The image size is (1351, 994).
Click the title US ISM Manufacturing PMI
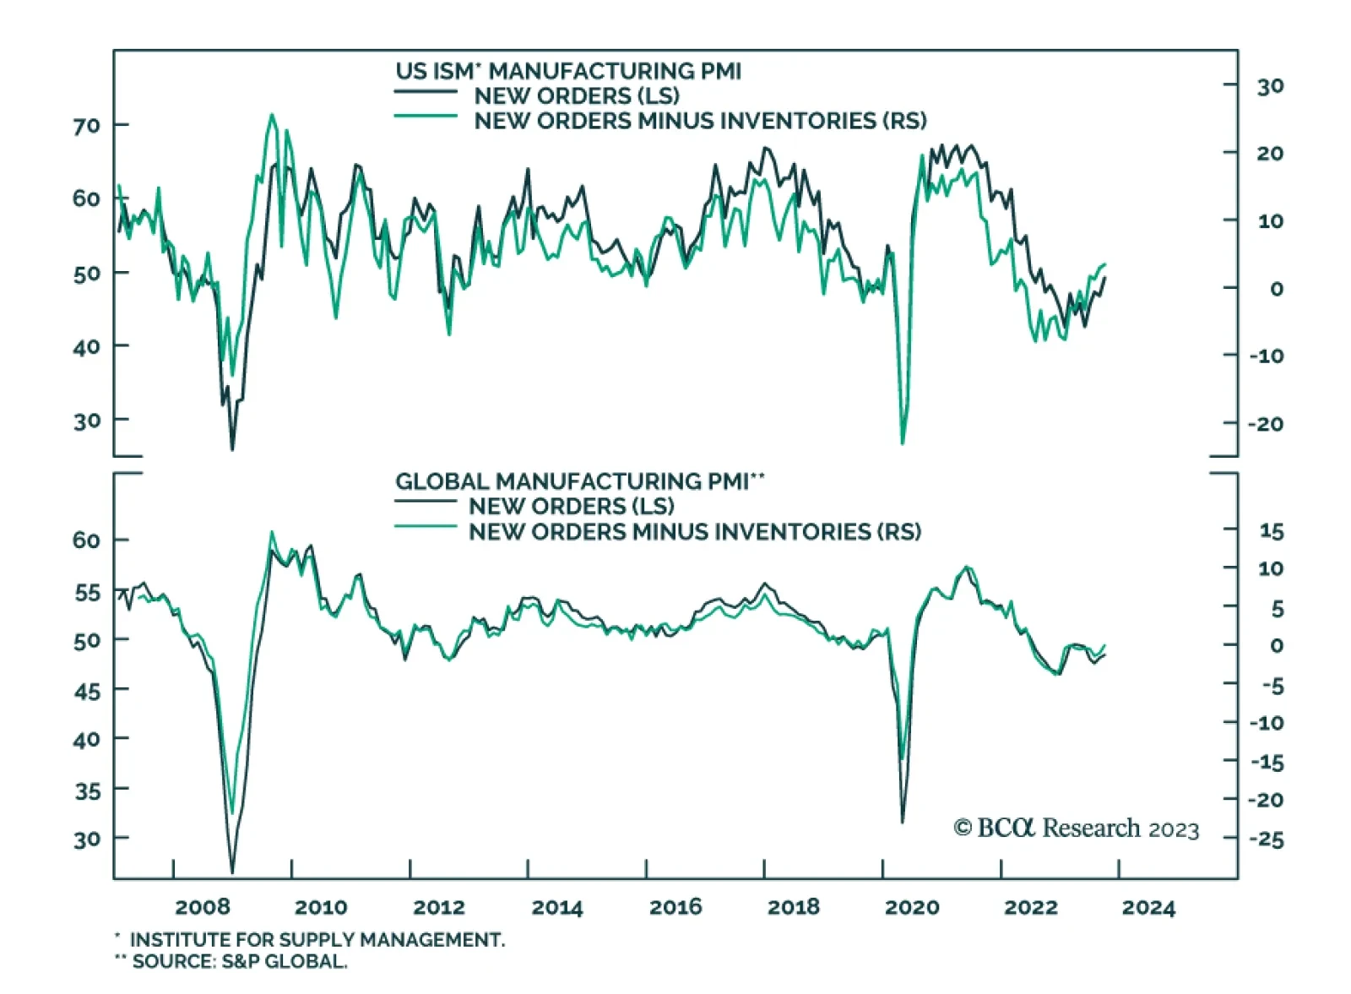567,71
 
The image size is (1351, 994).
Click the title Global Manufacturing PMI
579,481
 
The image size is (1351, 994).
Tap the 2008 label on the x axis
203,907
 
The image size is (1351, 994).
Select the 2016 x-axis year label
675,907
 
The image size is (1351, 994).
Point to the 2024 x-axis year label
1148,908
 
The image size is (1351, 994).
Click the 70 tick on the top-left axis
86,127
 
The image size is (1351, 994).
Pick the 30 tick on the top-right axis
1270,86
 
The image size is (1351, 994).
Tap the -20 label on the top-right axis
1266,424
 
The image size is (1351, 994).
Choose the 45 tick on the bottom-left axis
86,692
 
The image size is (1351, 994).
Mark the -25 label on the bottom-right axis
1266,840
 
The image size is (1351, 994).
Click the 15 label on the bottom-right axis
1271,532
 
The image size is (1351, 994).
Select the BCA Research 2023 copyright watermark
1076,828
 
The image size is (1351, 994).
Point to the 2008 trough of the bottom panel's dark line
232,872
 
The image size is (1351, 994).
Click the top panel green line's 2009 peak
271,115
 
